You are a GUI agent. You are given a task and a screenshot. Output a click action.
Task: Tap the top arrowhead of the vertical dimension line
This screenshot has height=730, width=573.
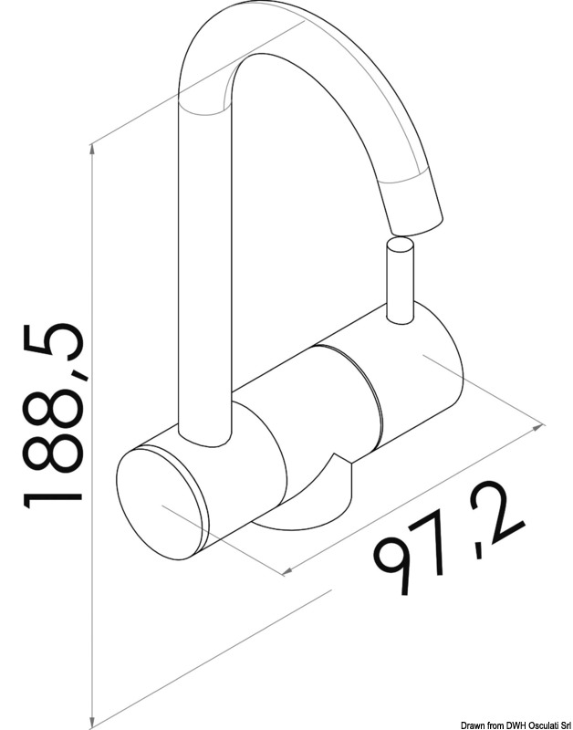92,151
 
